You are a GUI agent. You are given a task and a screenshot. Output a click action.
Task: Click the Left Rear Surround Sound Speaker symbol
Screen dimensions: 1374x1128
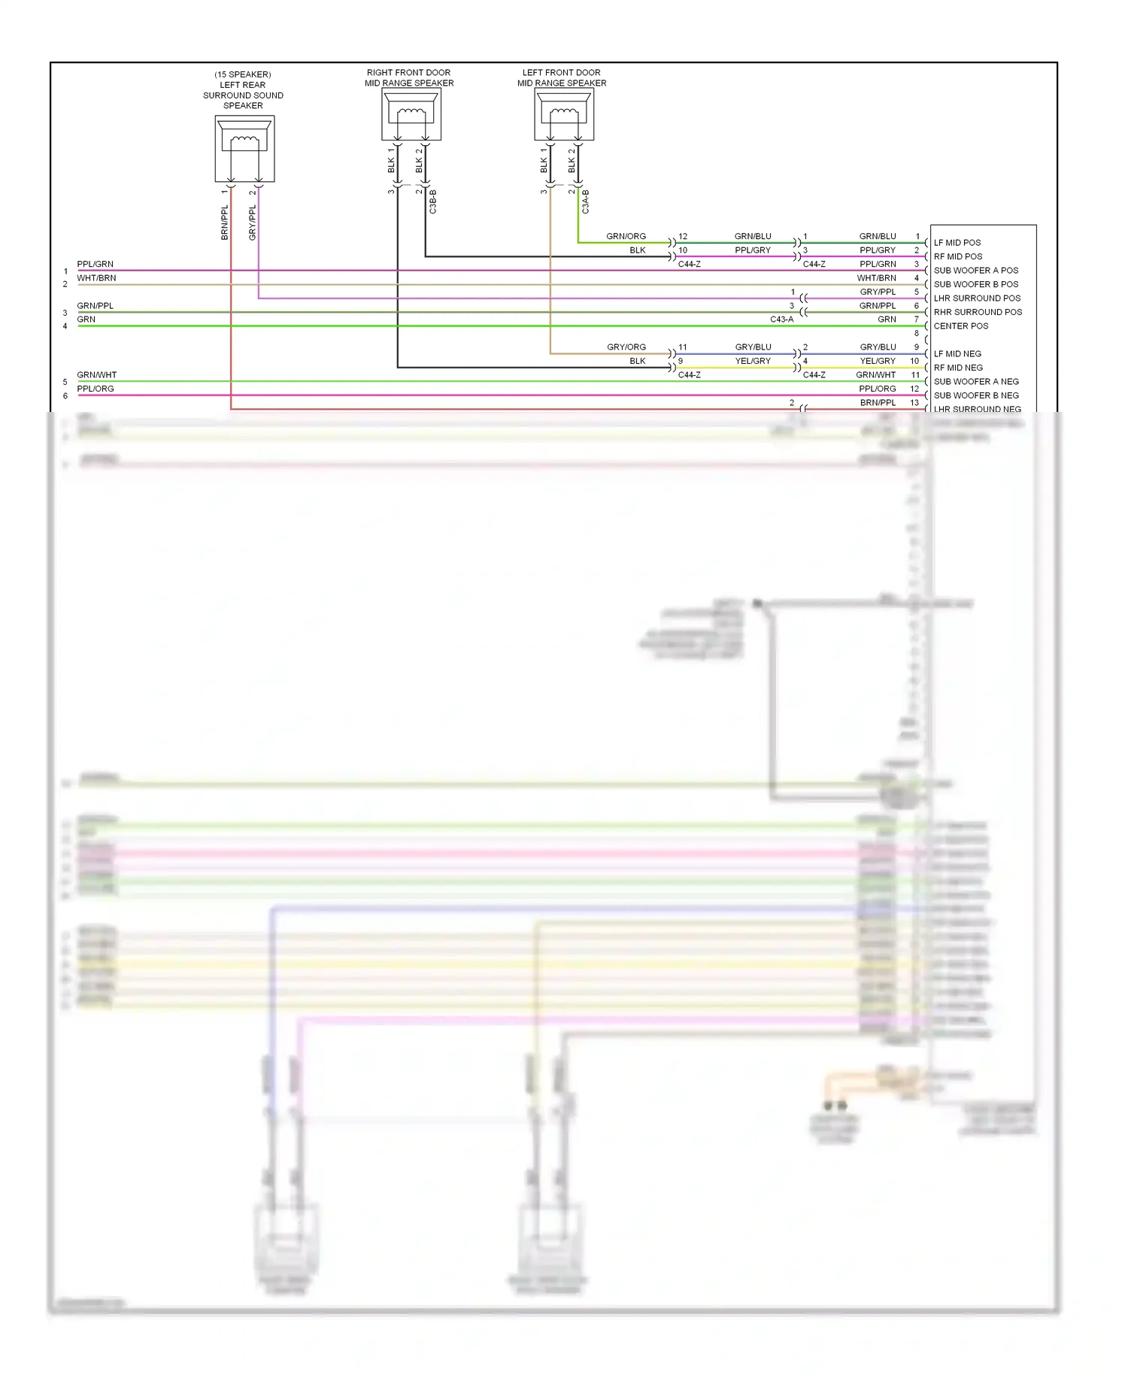pos(244,148)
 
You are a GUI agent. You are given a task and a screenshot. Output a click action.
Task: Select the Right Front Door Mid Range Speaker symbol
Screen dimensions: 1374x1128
pos(411,115)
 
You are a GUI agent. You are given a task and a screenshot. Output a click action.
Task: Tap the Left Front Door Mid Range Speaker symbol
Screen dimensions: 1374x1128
pos(563,115)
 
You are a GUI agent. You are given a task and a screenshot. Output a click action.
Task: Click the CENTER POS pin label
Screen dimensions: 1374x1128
pos(960,326)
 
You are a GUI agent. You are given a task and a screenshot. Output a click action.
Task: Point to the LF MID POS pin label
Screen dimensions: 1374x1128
pos(957,243)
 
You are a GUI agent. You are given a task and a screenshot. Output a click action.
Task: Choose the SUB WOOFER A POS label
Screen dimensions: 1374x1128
pos(975,271)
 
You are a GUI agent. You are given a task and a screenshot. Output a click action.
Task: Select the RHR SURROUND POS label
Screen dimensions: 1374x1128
pos(978,312)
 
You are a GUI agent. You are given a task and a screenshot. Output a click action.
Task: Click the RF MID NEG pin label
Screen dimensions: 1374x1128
pos(957,368)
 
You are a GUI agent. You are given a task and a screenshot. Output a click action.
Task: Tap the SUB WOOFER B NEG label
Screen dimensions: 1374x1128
pos(975,395)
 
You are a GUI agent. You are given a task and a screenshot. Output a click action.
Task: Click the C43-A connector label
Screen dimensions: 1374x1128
pos(781,319)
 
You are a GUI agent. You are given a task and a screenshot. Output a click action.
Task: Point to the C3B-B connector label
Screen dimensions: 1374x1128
pos(433,201)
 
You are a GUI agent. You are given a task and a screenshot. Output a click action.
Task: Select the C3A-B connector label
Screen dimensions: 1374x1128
pos(586,201)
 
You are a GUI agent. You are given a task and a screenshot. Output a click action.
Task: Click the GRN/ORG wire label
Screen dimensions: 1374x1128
pos(626,236)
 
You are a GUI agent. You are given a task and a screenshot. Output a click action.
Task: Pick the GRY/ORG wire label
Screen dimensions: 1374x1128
pos(626,347)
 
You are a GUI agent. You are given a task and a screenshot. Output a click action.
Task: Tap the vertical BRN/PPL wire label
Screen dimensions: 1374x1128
pos(224,222)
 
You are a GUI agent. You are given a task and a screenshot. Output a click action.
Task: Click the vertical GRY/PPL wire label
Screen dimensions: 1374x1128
pos(253,222)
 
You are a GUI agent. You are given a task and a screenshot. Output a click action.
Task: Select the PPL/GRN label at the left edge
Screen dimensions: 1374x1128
pos(95,264)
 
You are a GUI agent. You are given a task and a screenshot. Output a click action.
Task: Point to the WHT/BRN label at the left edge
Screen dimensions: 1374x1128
pos(96,278)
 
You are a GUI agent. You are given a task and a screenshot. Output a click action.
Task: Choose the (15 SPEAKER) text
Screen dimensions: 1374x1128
pos(242,74)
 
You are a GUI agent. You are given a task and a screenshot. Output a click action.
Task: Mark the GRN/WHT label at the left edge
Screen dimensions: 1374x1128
pos(96,375)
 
